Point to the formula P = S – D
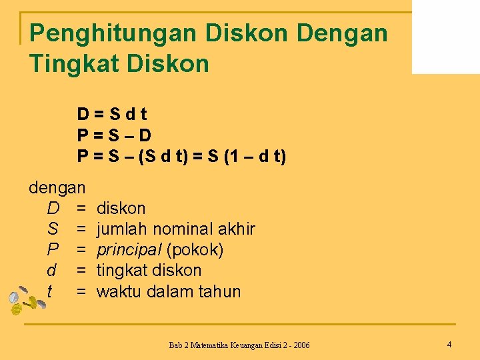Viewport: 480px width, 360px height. coord(114,135)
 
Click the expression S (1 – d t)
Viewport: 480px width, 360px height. coord(247,157)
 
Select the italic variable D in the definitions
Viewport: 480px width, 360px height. coord(53,209)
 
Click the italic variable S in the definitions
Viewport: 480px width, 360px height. coord(53,229)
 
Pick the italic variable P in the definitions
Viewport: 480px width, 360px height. coord(53,250)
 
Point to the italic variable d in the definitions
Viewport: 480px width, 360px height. coord(52,271)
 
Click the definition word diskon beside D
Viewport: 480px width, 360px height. coord(121,209)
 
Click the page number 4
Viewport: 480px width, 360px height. coord(449,345)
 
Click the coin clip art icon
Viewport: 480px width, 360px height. coord(25,300)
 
